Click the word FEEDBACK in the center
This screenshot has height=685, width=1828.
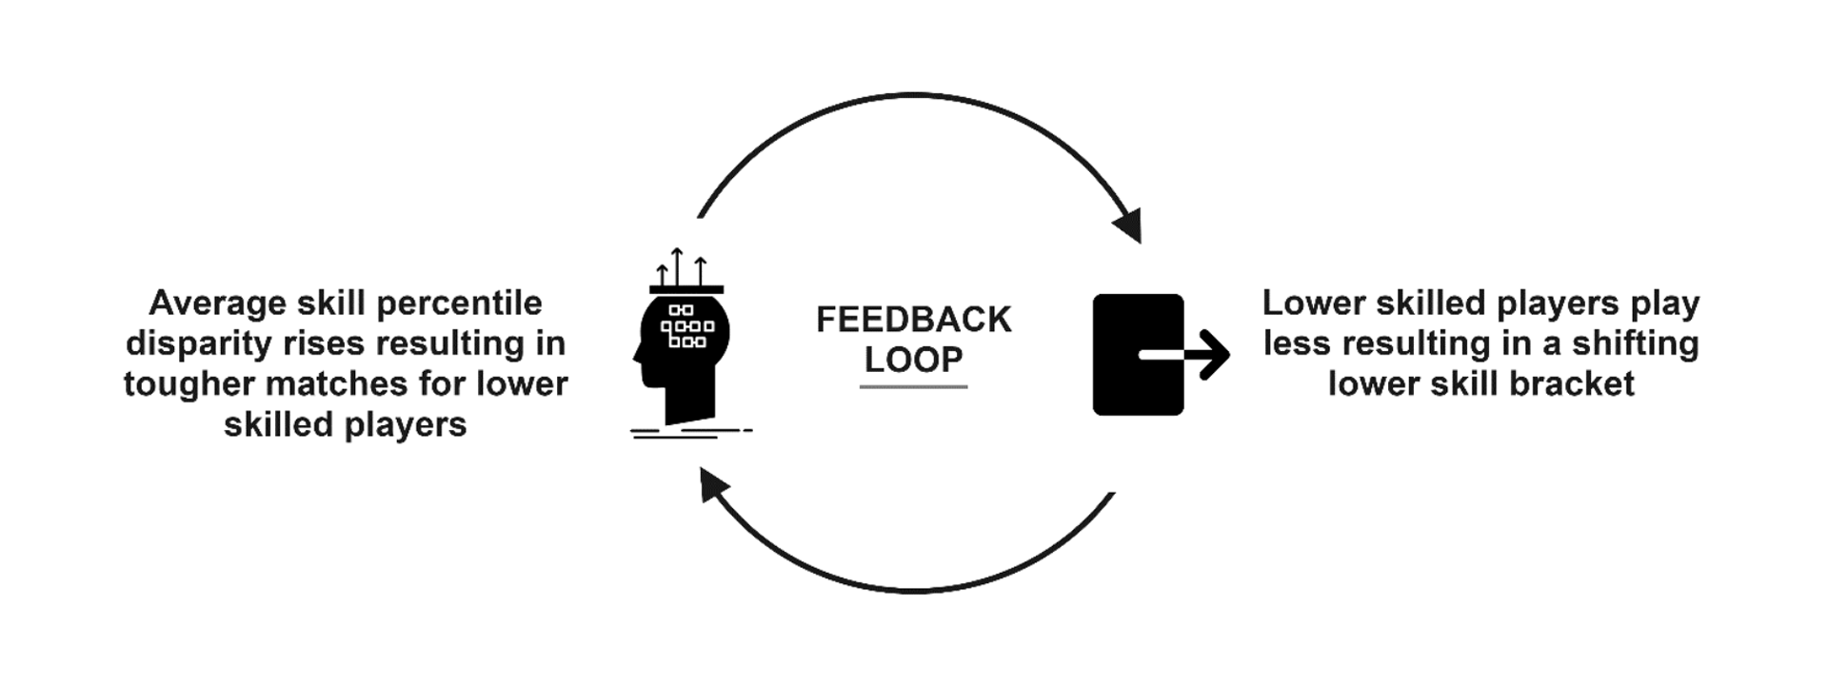(913, 320)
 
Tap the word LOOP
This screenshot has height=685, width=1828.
(913, 360)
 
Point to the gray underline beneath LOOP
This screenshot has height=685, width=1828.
(913, 386)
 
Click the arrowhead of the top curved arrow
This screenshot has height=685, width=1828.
(1128, 226)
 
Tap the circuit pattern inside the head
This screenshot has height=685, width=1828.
(686, 326)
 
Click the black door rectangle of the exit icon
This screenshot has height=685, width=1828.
(1123, 354)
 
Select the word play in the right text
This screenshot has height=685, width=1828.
(1664, 303)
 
